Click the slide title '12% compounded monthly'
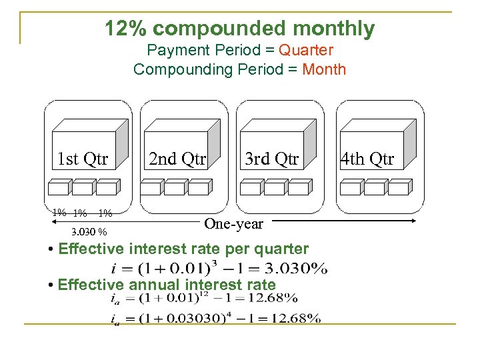(240, 29)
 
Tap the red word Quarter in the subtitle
(306, 50)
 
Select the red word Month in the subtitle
(324, 69)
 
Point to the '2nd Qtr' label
(177, 159)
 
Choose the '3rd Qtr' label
(271, 159)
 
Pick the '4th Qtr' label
(367, 159)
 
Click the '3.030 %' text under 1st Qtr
(89, 233)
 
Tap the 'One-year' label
(233, 224)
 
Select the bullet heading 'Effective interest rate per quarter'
(183, 249)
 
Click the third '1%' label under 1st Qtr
(105, 214)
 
